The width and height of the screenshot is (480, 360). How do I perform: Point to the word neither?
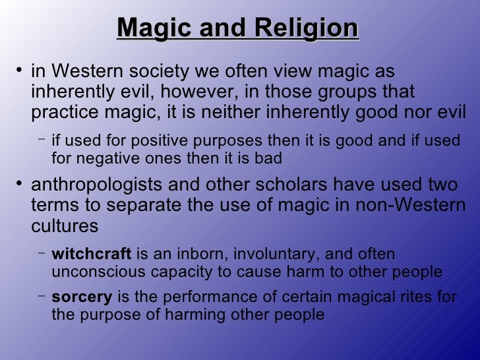coord(225,112)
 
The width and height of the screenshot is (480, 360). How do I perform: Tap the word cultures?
coord(65,225)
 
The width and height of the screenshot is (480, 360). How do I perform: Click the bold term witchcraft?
coord(92,254)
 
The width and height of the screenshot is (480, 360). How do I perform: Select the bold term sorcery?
coord(82,297)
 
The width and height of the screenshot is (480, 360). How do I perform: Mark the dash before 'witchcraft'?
coord(42,252)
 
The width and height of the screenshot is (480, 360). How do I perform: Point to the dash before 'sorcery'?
coord(42,295)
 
